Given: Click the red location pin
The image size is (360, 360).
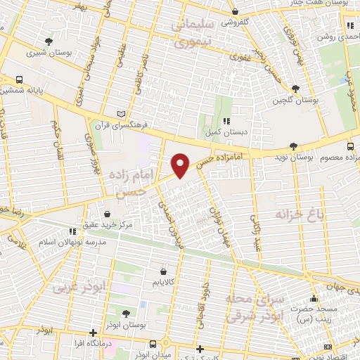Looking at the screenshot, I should [x=181, y=165].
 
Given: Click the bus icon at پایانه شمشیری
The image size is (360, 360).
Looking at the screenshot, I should [x=19, y=79].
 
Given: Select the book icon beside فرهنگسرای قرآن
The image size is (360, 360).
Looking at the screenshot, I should [x=122, y=114].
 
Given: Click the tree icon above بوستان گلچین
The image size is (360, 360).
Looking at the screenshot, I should [x=295, y=89].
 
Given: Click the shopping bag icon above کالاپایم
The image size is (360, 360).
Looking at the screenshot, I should [x=163, y=270].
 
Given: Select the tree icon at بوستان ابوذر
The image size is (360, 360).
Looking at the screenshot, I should [x=125, y=313].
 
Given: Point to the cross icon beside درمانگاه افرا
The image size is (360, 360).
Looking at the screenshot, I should [x=93, y=333].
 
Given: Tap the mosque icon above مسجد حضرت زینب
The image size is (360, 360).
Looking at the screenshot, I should [x=314, y=299].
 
